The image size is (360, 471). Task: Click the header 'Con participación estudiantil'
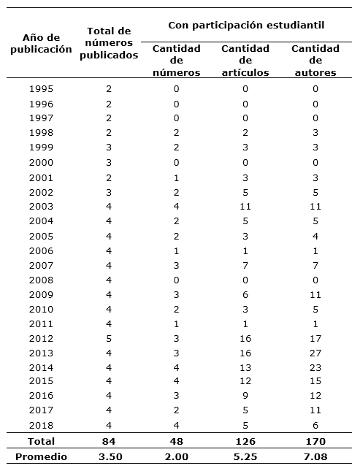tap(246, 26)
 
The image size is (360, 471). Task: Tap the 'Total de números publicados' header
tap(108, 43)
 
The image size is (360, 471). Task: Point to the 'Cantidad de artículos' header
tap(245, 61)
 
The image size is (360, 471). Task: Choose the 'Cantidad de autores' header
tap(315, 61)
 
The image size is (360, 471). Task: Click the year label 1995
tap(41, 89)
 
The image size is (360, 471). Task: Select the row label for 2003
tap(41, 207)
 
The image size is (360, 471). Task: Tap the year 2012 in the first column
tap(41, 339)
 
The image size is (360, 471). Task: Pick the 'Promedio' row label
tap(41, 457)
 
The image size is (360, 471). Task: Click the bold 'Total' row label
tap(41, 441)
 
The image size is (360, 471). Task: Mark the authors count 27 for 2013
tap(315, 353)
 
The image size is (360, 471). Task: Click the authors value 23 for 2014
tap(315, 368)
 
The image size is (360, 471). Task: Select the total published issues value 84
tap(108, 441)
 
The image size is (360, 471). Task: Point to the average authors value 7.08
tap(315, 457)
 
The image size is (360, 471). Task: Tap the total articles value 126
tap(245, 441)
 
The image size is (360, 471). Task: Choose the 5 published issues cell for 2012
tap(108, 339)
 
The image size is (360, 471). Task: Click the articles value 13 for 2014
tap(245, 368)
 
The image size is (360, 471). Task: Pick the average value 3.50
tap(108, 457)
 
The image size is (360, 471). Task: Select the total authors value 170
tap(315, 441)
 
